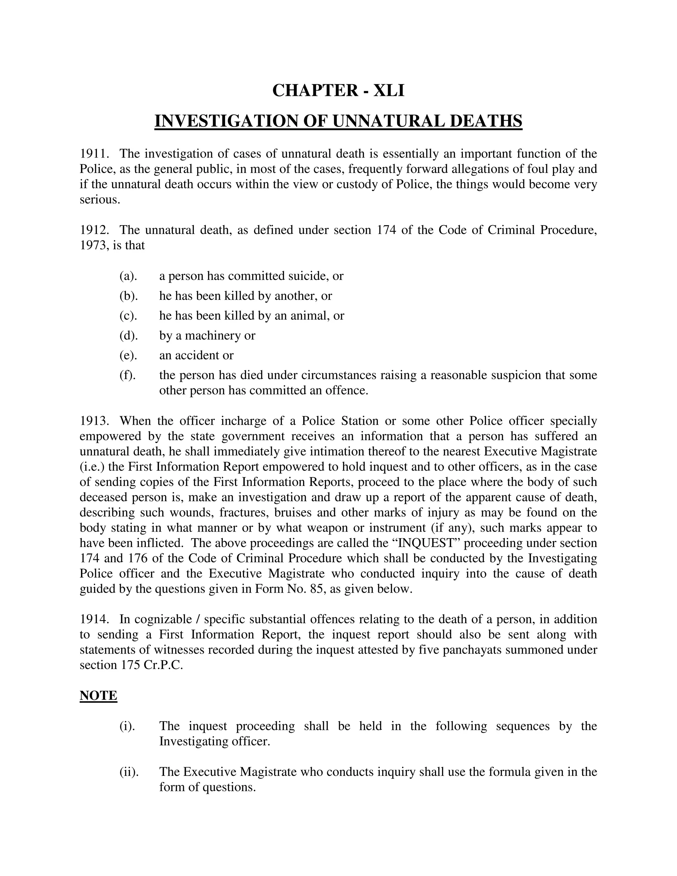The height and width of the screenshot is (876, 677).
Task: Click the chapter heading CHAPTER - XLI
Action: pyautogui.click(x=338, y=91)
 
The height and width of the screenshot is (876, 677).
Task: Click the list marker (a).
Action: pyautogui.click(x=128, y=276)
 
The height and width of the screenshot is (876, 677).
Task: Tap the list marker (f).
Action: pyautogui.click(x=128, y=375)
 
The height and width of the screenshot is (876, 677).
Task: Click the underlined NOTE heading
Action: pyautogui.click(x=98, y=695)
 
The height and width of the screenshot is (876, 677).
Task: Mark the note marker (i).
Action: pyautogui.click(x=128, y=726)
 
